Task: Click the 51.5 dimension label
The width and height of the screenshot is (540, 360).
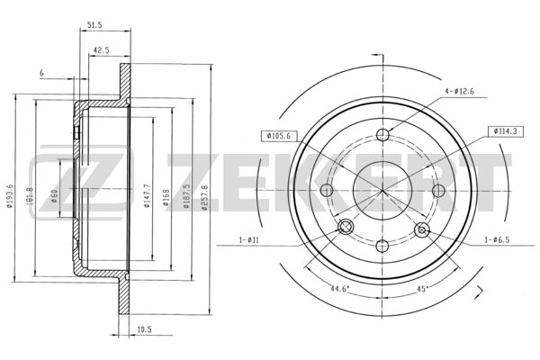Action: (x=94, y=25)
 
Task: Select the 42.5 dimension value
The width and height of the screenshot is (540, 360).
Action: (x=101, y=50)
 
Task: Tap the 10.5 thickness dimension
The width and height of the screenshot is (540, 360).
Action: (x=144, y=329)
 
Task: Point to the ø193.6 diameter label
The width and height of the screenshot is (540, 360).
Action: (x=10, y=196)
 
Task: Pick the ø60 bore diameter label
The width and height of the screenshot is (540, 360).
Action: (x=54, y=195)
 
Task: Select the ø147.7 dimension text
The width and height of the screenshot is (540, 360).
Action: (x=147, y=196)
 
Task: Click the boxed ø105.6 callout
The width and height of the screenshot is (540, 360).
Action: (x=278, y=136)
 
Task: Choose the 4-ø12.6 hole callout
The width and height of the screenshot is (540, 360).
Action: (x=459, y=91)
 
